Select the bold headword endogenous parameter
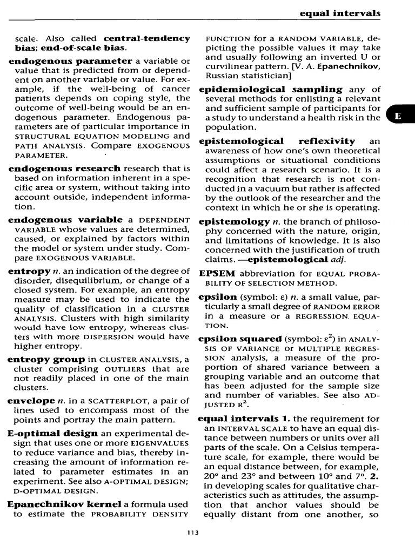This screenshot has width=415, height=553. click(x=71, y=61)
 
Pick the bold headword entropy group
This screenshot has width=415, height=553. click(x=46, y=359)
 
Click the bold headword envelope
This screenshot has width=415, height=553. click(x=31, y=401)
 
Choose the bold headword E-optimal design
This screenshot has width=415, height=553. click(x=52, y=433)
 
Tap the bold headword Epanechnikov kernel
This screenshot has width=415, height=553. click(x=64, y=504)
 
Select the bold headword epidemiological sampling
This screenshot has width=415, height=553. click(x=271, y=89)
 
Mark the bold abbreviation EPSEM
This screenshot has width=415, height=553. click(x=217, y=273)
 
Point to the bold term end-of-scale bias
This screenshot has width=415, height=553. click(x=82, y=48)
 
